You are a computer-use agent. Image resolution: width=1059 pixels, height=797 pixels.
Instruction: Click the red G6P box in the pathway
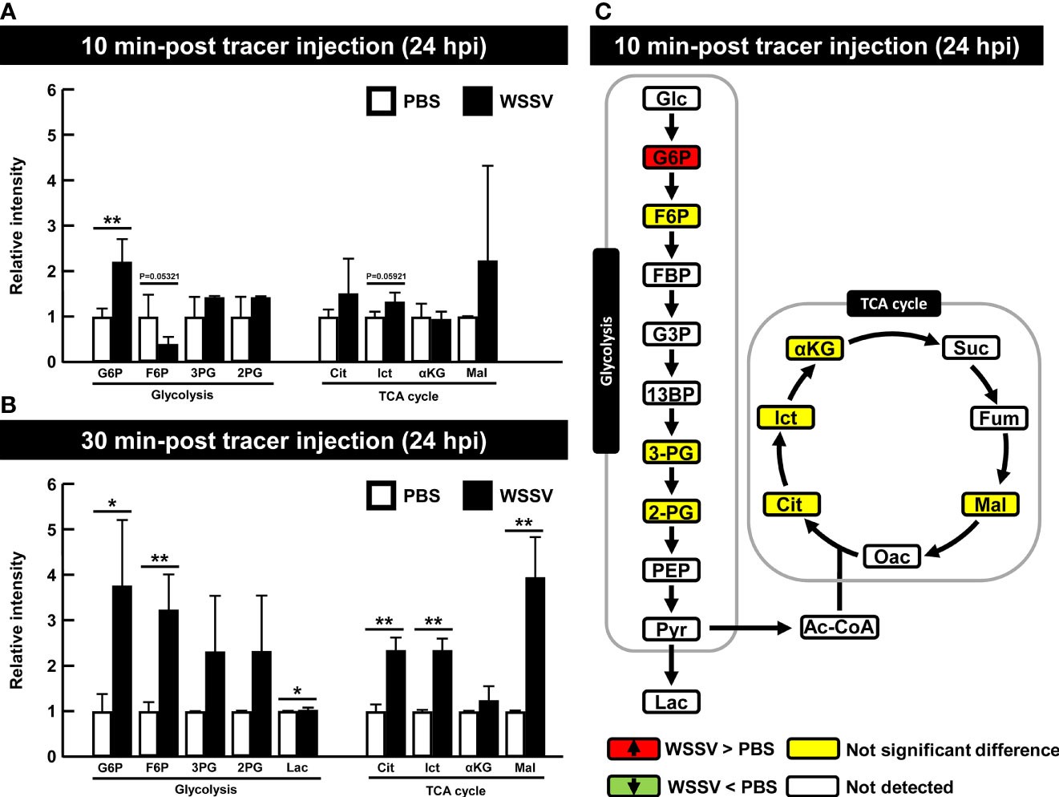[671, 157]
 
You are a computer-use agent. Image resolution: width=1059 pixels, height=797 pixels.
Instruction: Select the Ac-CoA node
[839, 627]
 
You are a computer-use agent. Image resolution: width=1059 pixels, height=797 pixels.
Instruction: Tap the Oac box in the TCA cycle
[891, 556]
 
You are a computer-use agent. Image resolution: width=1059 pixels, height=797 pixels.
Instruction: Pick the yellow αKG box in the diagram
[814, 348]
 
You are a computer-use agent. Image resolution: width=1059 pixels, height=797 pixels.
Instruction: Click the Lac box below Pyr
[671, 702]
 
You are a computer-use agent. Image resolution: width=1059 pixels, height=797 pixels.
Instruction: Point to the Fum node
[998, 418]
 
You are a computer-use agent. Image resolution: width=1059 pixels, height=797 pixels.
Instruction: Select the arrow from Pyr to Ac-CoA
[750, 629]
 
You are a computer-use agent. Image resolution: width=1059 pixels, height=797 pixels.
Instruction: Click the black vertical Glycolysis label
[606, 350]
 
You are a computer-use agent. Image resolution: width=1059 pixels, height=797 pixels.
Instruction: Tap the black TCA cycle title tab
[893, 304]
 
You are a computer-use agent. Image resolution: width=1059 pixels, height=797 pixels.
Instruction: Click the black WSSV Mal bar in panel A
[487, 311]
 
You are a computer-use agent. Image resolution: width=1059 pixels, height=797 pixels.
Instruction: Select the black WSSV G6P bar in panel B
[122, 670]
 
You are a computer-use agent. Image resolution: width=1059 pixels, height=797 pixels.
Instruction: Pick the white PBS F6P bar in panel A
[148, 339]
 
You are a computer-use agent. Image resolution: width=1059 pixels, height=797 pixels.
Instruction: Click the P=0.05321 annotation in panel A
[160, 277]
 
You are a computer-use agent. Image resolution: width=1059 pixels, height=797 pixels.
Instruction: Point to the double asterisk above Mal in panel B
[523, 524]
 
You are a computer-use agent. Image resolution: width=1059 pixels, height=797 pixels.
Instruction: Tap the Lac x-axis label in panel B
[297, 767]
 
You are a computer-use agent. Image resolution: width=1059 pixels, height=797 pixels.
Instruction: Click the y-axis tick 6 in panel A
[51, 91]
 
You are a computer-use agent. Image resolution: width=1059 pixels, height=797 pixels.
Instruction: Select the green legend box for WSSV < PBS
[633, 786]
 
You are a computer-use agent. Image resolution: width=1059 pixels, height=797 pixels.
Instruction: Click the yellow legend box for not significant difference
[813, 749]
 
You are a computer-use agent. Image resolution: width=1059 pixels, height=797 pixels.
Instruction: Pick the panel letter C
[602, 11]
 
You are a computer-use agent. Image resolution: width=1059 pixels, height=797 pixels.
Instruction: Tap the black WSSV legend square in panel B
[478, 496]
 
